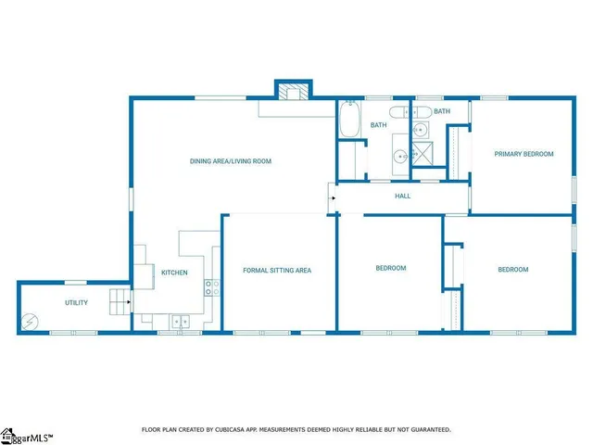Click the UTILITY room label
pos(76,303)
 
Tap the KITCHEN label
pos(175,273)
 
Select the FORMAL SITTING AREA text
pos(277,271)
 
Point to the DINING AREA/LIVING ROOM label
pos(231,161)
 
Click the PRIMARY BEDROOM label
pos(524,154)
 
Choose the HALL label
pos(403,197)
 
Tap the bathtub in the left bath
pos(348,121)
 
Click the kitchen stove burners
pos(211,287)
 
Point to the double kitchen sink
pos(180,322)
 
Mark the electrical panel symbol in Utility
pos(31,322)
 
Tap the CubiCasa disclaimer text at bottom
pos(296,429)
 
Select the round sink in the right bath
pos(420,130)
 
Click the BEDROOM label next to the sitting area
pos(390,268)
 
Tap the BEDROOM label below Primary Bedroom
pos(513,270)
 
